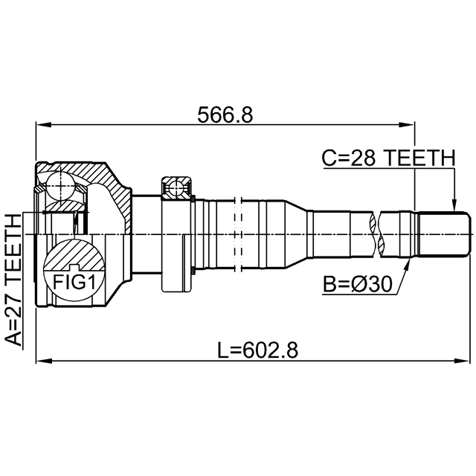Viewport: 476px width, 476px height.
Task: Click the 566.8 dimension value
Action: [225, 115]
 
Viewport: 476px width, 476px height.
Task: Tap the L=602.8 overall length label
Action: [258, 350]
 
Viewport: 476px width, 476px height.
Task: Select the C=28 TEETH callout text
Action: [388, 158]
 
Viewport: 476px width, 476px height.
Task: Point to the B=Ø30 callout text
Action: [357, 284]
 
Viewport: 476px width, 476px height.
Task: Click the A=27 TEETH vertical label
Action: [14, 280]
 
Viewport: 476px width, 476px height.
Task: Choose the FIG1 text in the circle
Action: [74, 282]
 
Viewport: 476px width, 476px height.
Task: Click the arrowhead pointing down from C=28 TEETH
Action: [454, 205]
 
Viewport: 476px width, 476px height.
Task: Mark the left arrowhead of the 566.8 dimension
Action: [43, 124]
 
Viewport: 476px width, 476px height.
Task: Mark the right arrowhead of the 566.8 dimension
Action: [407, 124]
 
